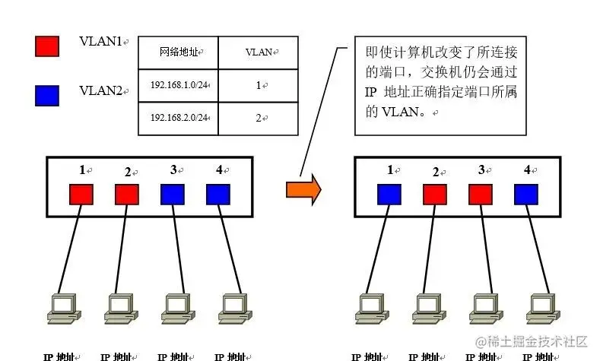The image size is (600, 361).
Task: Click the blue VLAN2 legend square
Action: (x=47, y=95)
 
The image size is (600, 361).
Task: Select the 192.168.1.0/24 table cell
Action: (x=179, y=85)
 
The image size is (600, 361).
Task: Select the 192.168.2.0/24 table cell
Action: (x=179, y=118)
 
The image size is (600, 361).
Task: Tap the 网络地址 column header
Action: (x=179, y=52)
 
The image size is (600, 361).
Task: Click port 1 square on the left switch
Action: (x=81, y=195)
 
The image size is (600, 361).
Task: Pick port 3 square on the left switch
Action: (x=172, y=195)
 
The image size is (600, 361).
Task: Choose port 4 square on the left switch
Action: (x=217, y=195)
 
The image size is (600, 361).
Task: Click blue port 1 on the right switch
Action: (x=389, y=195)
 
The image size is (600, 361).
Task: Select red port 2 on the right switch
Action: (x=435, y=195)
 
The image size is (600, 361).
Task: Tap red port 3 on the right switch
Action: (x=481, y=195)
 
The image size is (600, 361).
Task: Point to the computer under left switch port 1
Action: (x=62, y=306)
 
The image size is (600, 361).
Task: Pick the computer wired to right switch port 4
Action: (x=541, y=306)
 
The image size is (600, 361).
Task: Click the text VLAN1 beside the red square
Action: (x=102, y=41)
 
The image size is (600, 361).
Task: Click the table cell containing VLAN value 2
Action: (x=259, y=118)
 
